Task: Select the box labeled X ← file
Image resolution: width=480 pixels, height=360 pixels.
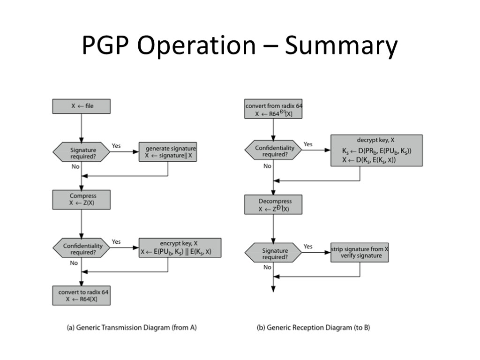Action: coord(82,106)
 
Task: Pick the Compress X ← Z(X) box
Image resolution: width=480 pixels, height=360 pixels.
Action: coord(82,200)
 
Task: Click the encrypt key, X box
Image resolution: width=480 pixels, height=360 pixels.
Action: coord(180,248)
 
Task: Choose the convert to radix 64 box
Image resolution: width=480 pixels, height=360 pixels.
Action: coord(82,295)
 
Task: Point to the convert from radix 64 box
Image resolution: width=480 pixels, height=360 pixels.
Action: coord(273,109)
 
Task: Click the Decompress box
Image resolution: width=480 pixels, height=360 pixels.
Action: coord(273,205)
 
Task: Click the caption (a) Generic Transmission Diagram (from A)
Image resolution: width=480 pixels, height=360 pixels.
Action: coord(131,328)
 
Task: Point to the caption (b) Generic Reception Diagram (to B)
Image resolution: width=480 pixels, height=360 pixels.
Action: coord(313,328)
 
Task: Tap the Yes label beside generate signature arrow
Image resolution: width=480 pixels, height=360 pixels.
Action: coord(116,146)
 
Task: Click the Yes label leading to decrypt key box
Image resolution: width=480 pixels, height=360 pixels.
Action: coord(308,144)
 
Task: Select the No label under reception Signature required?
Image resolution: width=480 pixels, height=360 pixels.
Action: coord(267,267)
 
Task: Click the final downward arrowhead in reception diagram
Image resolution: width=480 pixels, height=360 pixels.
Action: coord(273,289)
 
